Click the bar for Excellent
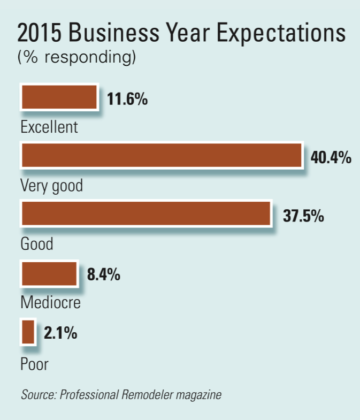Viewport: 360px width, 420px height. click(x=59, y=98)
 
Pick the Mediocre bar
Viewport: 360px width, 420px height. click(x=49, y=273)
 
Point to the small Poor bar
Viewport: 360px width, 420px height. click(x=28, y=332)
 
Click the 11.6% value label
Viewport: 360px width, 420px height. click(x=127, y=100)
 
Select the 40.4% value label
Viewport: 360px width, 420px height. click(x=331, y=158)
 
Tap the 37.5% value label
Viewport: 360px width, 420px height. click(x=303, y=216)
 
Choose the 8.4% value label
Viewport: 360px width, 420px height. click(x=103, y=275)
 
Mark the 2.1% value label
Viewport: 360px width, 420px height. click(x=60, y=333)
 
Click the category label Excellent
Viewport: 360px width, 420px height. click(x=49, y=127)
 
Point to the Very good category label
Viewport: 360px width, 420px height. click(x=52, y=186)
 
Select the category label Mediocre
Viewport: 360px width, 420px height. click(x=51, y=302)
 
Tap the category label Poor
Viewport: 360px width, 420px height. click(x=34, y=365)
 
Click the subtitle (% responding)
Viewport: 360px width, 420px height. click(x=76, y=57)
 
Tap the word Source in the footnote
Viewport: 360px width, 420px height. click(x=39, y=396)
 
